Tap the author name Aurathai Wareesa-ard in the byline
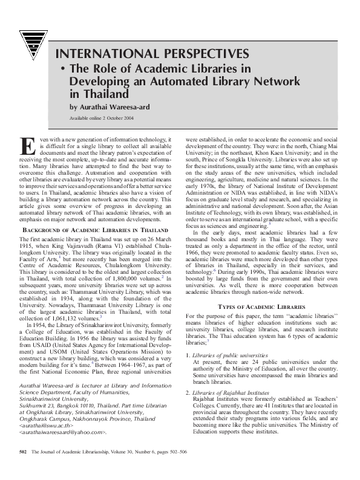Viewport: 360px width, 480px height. (x=112, y=106)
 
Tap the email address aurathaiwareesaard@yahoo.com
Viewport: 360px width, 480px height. (x=63, y=433)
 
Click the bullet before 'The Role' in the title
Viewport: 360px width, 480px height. (x=62, y=70)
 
